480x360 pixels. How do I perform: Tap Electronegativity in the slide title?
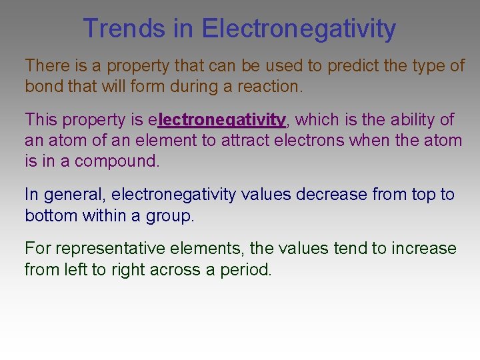(x=299, y=29)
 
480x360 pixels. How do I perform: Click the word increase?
(x=424, y=249)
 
